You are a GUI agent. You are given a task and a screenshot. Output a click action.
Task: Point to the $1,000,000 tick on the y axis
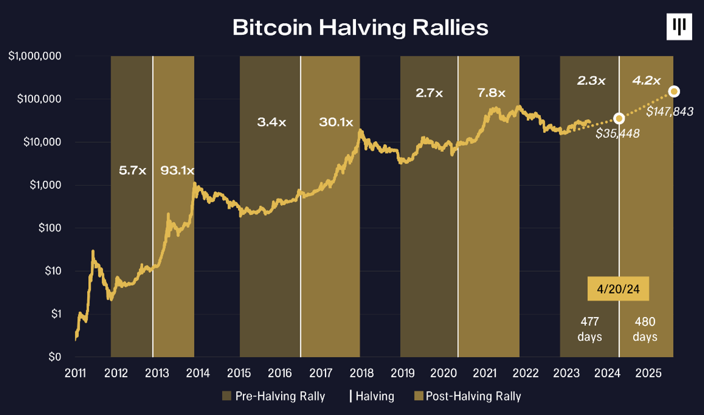click(35, 56)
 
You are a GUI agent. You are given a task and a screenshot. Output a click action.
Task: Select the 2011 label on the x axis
click(75, 372)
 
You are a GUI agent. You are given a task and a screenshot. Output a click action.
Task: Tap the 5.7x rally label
click(133, 170)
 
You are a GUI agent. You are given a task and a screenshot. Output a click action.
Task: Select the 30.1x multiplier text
click(336, 122)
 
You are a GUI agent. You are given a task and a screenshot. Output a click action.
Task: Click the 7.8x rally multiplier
click(491, 93)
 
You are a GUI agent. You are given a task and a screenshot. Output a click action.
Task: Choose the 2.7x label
click(430, 93)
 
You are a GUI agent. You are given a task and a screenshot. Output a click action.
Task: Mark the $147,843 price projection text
click(669, 112)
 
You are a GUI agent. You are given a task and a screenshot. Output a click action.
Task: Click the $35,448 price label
click(617, 133)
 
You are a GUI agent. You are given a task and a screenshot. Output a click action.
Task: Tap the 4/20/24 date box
click(619, 289)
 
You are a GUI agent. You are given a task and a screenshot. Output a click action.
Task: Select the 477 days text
click(590, 329)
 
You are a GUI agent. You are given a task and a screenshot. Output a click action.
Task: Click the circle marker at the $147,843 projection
click(674, 91)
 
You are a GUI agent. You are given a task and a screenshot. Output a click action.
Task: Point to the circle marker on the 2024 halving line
click(619, 118)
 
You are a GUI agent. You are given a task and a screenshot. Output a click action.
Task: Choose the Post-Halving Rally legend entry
click(467, 396)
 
